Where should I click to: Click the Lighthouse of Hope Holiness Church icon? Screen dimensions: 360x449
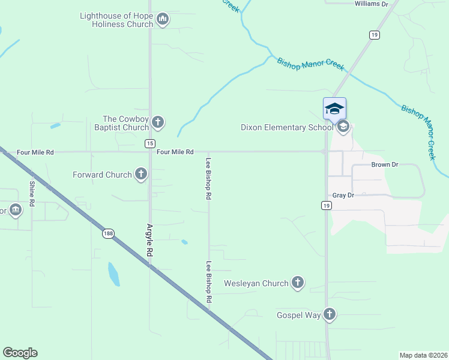tap(162, 20)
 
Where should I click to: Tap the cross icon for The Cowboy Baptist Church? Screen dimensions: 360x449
tap(158, 123)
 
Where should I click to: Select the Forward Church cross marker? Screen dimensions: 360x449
tap(141, 175)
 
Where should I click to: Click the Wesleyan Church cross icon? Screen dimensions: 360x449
tap(298, 283)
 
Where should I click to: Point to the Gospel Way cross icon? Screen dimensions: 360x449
tap(329, 314)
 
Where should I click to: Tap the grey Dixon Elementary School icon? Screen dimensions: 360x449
tap(343, 127)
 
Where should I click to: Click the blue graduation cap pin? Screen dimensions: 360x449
tap(334, 109)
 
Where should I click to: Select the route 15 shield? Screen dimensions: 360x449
tap(149, 143)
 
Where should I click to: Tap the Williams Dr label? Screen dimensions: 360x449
tap(372, 4)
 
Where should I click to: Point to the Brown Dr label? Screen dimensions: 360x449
tap(385, 164)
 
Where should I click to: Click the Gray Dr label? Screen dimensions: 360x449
tap(343, 196)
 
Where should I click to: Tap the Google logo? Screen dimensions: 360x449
tap(20, 353)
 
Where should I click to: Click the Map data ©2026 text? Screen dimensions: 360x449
tap(423, 355)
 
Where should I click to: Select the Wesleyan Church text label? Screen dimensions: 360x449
tap(256, 283)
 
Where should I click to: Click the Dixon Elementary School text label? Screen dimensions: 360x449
tap(287, 127)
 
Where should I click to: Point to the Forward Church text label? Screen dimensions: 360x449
tap(102, 175)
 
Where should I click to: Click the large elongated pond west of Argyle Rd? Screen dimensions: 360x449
tap(113, 274)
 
